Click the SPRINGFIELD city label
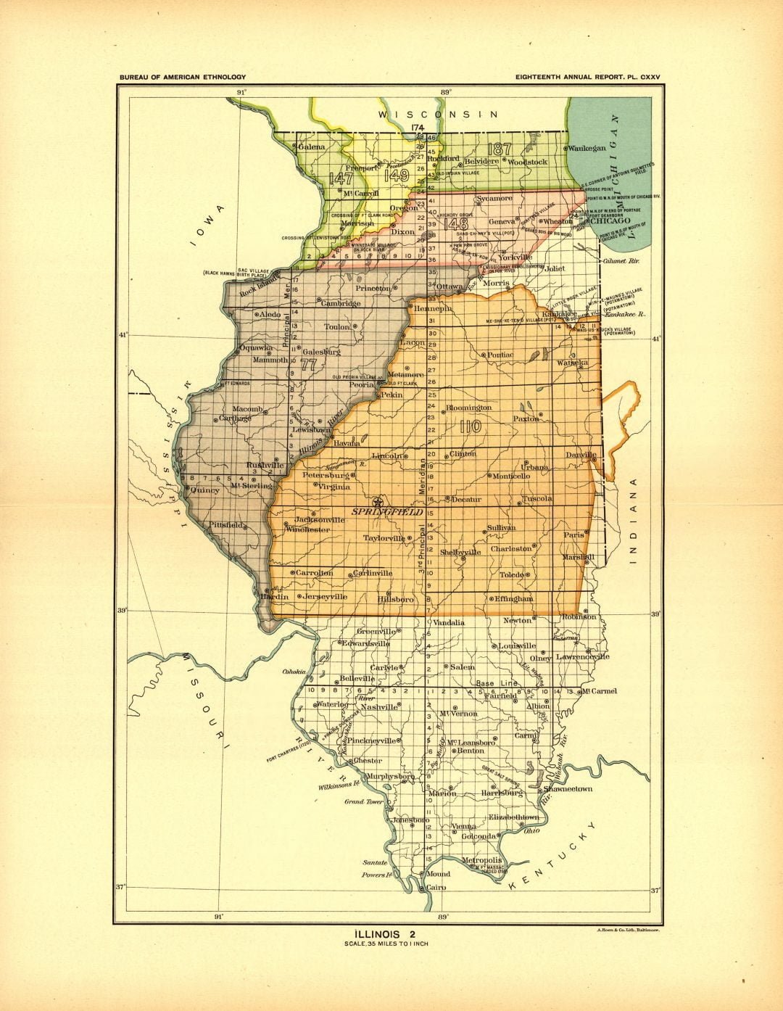click(387, 512)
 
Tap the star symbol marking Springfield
click(376, 502)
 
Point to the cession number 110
click(471, 427)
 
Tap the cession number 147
click(340, 178)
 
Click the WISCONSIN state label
click(438, 115)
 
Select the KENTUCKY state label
click(553, 857)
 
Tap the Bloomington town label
click(469, 408)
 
